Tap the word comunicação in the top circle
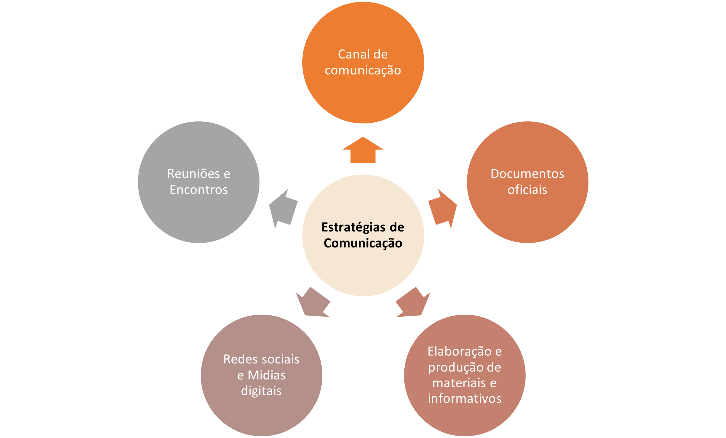[x=363, y=70]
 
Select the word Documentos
[x=527, y=173]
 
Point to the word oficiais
[x=527, y=190]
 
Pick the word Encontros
[x=199, y=190]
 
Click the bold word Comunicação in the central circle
[x=363, y=243]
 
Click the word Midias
[x=266, y=375]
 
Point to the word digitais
[x=261, y=391]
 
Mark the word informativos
[x=464, y=399]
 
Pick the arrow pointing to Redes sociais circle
[x=313, y=302]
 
